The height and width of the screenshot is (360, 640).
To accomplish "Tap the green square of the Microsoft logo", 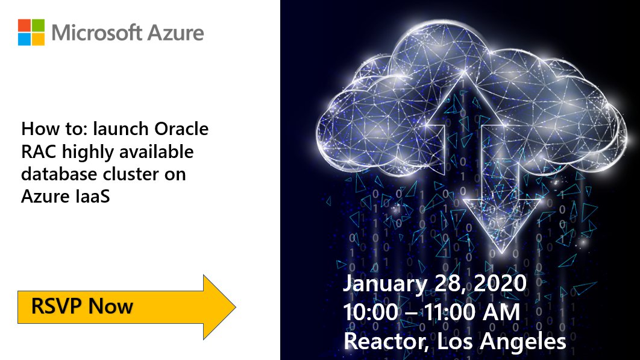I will [37, 25].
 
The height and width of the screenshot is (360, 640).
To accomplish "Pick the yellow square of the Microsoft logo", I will [37, 39].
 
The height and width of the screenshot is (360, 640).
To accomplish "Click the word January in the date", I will [384, 283].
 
